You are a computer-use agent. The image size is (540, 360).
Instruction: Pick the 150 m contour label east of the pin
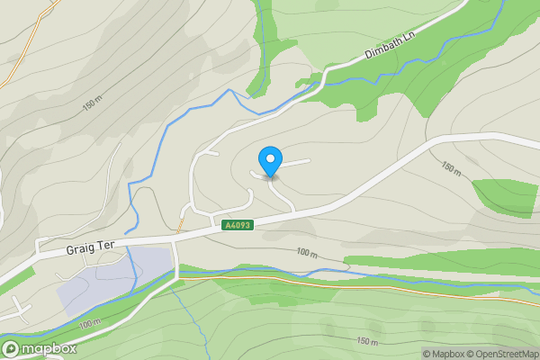click(x=451, y=168)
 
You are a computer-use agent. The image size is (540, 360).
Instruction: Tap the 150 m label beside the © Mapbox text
click(x=368, y=342)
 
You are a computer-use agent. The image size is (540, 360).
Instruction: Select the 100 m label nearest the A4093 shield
click(x=307, y=255)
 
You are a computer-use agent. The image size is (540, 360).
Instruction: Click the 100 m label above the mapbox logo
click(x=90, y=323)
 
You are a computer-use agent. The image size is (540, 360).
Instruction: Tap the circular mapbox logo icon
click(x=13, y=348)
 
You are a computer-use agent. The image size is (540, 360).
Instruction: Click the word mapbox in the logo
click(x=49, y=349)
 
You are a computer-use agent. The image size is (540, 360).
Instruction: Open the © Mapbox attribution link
click(x=447, y=354)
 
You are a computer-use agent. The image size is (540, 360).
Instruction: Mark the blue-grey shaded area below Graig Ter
click(x=112, y=279)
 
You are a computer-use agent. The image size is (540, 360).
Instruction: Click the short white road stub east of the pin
click(x=297, y=162)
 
